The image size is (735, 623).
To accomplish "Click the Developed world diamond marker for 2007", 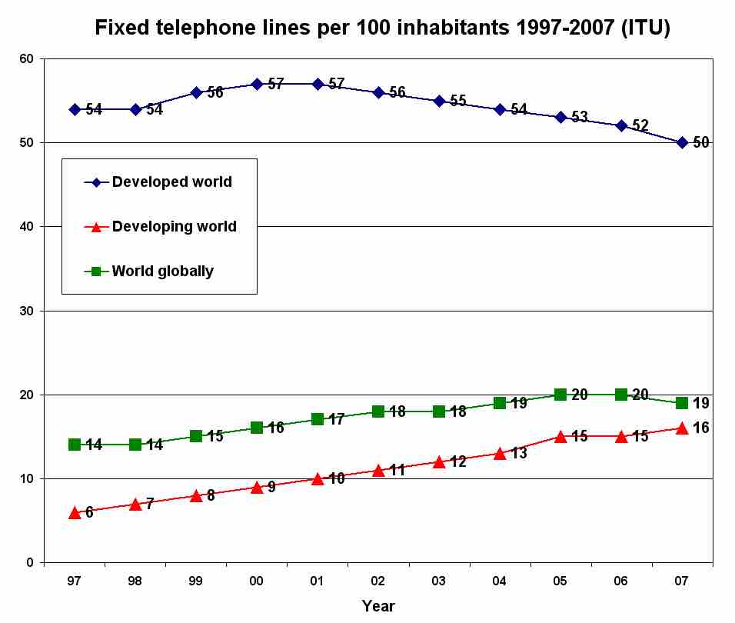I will (x=682, y=142).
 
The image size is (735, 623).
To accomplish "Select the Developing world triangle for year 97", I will (x=75, y=512).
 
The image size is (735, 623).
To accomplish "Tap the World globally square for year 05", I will (x=560, y=395).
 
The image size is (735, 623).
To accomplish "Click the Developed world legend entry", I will (x=171, y=182).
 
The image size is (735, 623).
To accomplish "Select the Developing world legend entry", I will (x=174, y=227).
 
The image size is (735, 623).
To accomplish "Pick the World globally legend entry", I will (x=162, y=271).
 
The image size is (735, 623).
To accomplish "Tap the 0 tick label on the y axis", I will (x=30, y=562).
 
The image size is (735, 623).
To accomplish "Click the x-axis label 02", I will (x=378, y=581).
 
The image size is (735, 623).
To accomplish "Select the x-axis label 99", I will (x=196, y=581).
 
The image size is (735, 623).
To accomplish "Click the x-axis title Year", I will (x=378, y=606).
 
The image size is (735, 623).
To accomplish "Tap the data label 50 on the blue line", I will (x=700, y=142).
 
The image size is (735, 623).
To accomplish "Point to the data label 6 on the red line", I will (x=89, y=512).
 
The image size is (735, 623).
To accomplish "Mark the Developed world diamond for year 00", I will (x=257, y=84).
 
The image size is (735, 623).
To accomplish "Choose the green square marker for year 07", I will (x=682, y=403).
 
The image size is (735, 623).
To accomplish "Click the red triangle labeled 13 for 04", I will (x=500, y=453).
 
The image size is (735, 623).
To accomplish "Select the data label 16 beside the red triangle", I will (x=700, y=428).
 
